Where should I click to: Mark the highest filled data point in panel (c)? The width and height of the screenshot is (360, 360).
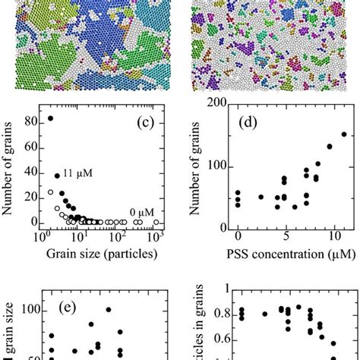(x=50, y=118)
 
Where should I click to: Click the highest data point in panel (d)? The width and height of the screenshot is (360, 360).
(x=343, y=134)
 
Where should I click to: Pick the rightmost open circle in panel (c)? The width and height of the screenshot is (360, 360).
(x=156, y=222)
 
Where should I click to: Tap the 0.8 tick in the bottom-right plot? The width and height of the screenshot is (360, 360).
(x=216, y=313)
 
